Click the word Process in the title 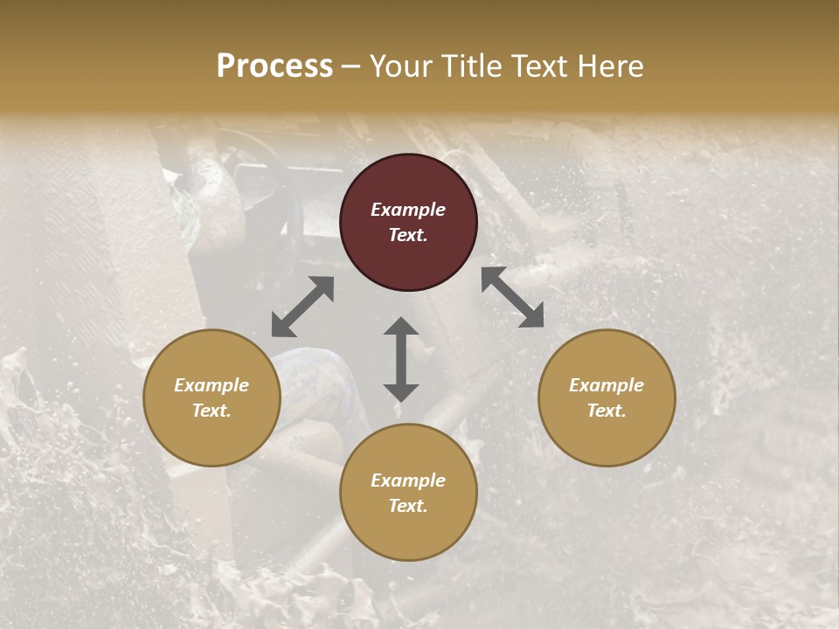pos(274,66)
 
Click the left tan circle pos(211,397)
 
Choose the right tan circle pos(607,397)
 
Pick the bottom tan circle pos(408,493)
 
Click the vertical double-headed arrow pos(401,359)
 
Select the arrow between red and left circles pos(302,307)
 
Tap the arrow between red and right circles pos(512,297)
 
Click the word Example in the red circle pos(408,210)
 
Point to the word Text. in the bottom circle pos(408,506)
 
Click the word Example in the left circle pos(211,385)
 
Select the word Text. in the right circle pos(607,411)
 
